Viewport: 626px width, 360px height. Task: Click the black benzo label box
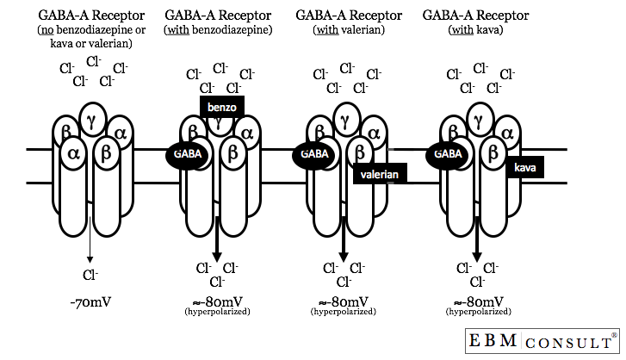point(221,105)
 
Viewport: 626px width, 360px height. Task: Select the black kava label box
point(525,167)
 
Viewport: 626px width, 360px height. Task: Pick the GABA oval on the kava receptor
point(446,152)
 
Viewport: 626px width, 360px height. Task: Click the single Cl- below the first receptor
point(90,276)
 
